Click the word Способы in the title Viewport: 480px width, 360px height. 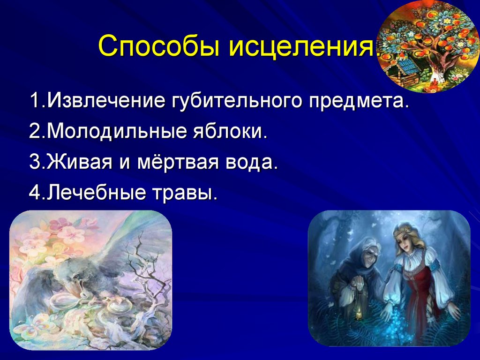pyautogui.click(x=159, y=46)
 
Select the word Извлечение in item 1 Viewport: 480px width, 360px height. pyautogui.click(x=106, y=100)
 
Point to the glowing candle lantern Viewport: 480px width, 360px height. pyautogui.click(x=359, y=312)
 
